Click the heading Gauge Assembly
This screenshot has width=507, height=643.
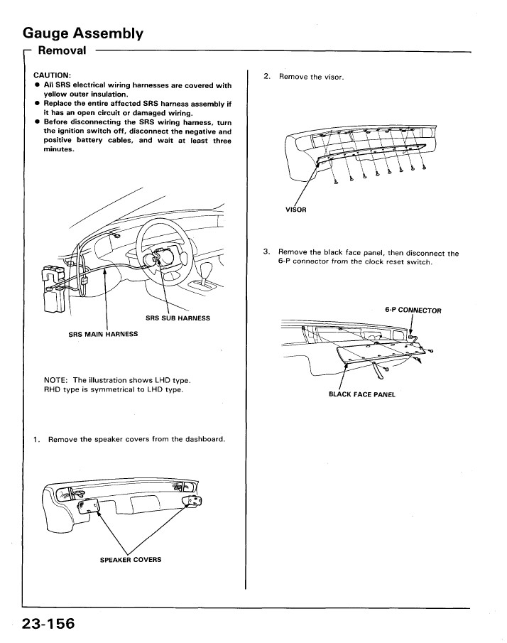(82, 33)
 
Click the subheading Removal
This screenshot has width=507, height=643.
(62, 50)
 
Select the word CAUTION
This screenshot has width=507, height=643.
(52, 75)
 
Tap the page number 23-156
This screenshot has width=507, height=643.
(48, 623)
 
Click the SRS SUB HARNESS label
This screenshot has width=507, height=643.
(178, 318)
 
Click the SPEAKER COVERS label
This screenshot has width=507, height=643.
(130, 559)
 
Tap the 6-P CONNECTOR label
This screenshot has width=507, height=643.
(413, 310)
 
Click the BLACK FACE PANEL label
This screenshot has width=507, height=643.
(361, 394)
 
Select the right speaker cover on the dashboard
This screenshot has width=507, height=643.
(193, 502)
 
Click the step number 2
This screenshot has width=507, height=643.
(266, 76)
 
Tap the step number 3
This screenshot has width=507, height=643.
(266, 252)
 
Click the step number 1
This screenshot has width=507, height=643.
(36, 439)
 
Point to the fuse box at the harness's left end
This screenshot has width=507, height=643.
(55, 287)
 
